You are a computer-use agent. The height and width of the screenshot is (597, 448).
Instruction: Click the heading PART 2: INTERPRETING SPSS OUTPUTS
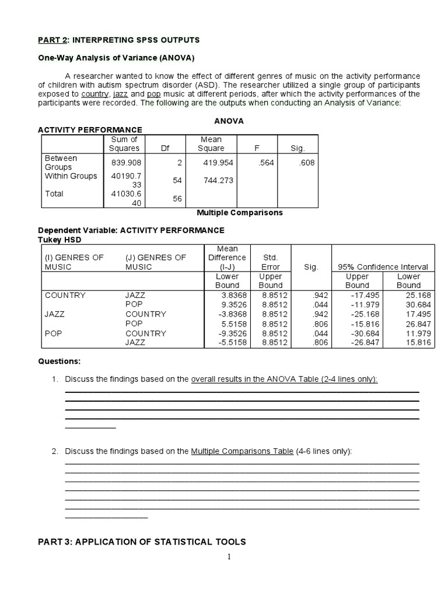click(118, 40)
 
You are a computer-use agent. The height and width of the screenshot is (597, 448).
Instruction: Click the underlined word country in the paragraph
click(95, 94)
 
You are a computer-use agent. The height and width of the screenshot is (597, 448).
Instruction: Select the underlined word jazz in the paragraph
click(121, 94)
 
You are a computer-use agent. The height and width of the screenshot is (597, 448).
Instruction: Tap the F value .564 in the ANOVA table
click(265, 163)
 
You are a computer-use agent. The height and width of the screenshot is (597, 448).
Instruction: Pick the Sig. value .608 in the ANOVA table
click(306, 163)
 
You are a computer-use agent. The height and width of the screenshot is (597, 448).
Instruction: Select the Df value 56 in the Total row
click(177, 199)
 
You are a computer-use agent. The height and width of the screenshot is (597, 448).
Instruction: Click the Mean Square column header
click(211, 143)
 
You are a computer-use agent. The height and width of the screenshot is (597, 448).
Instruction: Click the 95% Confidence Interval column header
click(383, 267)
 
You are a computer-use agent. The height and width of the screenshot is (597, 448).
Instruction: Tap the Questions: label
click(60, 361)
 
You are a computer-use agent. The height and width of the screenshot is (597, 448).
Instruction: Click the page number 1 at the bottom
click(229, 557)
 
